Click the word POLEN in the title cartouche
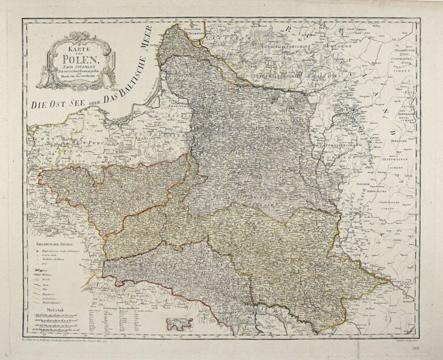[80, 57]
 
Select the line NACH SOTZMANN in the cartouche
[80, 67]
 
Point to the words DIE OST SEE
[53, 106]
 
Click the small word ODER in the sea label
[92, 96]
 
